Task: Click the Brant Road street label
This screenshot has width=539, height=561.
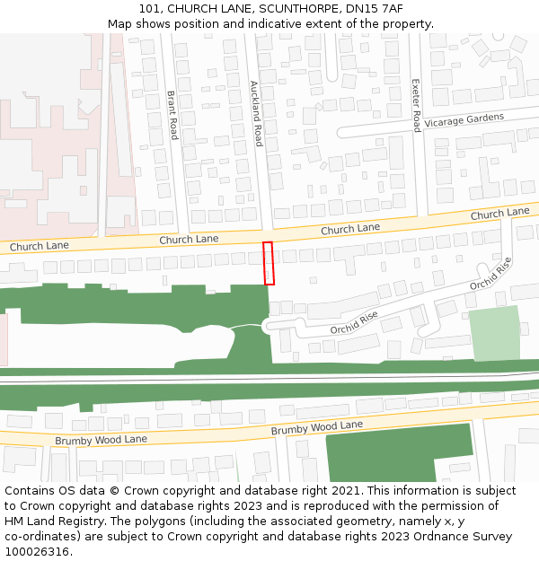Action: click(x=172, y=115)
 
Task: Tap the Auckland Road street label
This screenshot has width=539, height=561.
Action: click(x=256, y=113)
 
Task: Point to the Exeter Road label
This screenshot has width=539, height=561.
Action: click(x=416, y=105)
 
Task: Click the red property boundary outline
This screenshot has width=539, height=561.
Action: click(x=268, y=263)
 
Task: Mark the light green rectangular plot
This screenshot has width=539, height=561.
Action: click(x=494, y=333)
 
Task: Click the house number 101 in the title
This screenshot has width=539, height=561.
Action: click(x=151, y=9)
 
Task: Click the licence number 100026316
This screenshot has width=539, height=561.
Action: click(x=37, y=552)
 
